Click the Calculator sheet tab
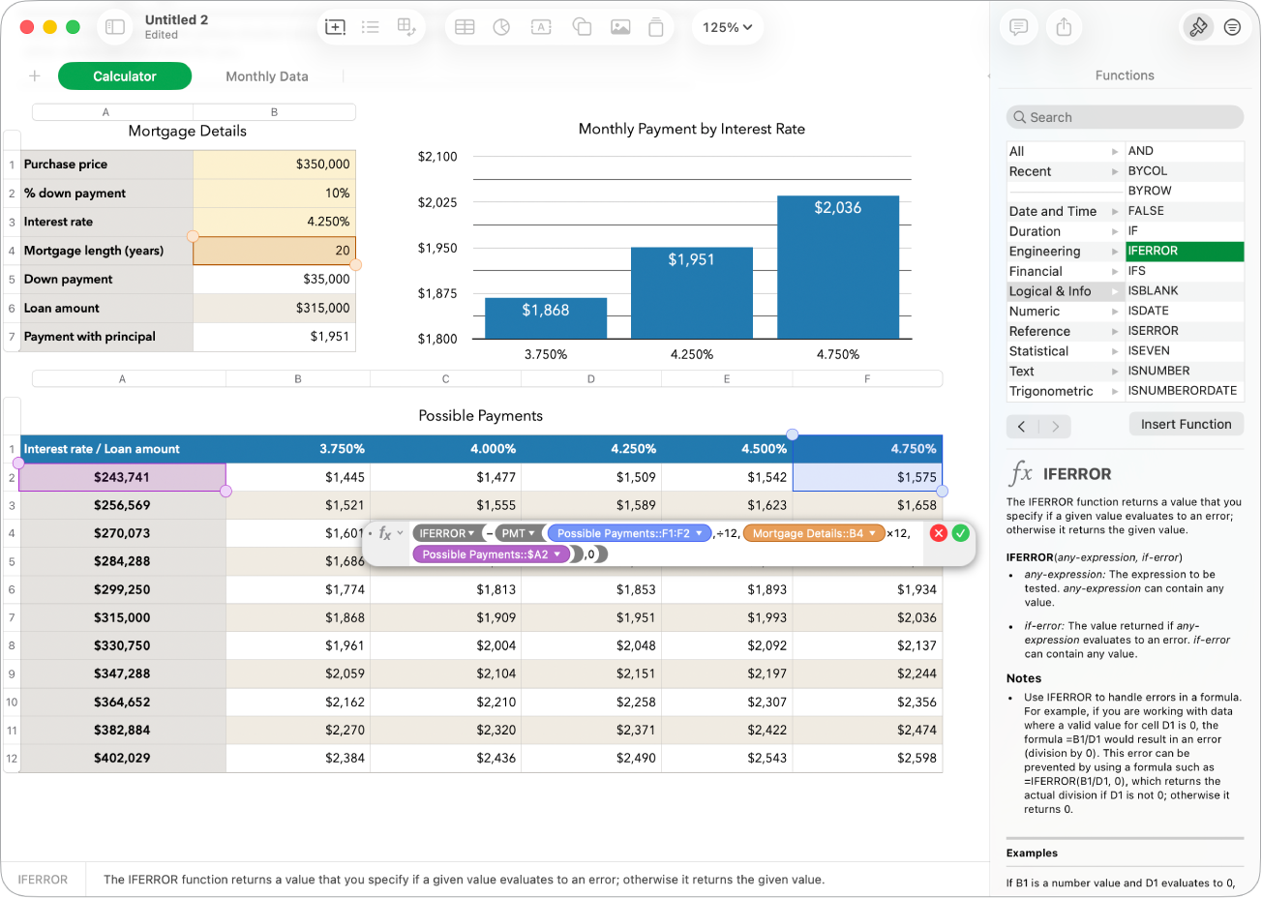click(x=125, y=76)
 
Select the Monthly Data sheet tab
click(x=266, y=76)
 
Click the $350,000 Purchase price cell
click(x=275, y=165)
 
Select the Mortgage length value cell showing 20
click(x=275, y=251)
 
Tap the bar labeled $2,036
click(x=837, y=267)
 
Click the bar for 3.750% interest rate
click(x=546, y=318)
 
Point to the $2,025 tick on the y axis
click(x=437, y=202)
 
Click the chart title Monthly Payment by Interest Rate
click(x=691, y=129)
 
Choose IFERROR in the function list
click(x=1184, y=251)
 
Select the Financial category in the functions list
click(x=1036, y=272)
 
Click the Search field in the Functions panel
click(x=1125, y=117)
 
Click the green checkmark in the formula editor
click(x=960, y=533)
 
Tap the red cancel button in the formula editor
click(x=938, y=533)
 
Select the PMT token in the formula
click(x=518, y=533)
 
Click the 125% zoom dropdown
click(x=727, y=27)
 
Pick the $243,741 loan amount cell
click(x=122, y=477)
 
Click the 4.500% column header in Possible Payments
click(x=726, y=449)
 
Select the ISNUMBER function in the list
click(x=1158, y=371)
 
